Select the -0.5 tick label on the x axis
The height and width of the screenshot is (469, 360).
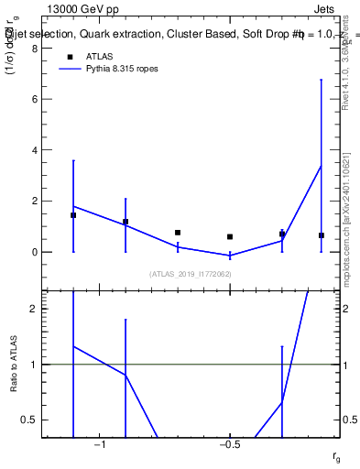point(228,445)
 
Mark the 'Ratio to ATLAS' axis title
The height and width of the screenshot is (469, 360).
point(14,364)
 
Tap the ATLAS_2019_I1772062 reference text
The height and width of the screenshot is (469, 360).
point(191,274)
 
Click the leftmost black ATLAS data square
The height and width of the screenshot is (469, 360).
point(73,215)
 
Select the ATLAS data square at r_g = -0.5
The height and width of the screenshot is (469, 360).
point(230,236)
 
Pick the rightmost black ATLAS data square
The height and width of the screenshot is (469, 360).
point(321,235)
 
